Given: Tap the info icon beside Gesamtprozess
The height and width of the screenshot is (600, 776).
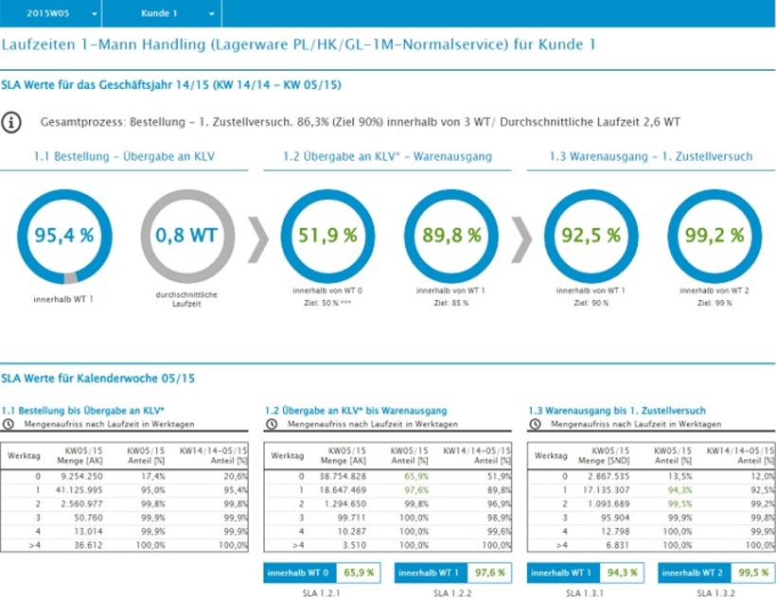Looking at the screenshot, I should click(x=11, y=122).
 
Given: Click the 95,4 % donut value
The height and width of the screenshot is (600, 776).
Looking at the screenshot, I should click(x=64, y=236).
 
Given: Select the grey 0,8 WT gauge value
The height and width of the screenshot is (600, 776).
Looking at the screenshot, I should click(x=187, y=236).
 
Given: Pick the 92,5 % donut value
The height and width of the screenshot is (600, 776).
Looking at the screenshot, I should click(x=591, y=236).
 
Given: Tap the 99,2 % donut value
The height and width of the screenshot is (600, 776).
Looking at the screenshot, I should click(x=714, y=236).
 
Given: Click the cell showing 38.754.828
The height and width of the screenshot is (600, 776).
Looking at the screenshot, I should click(x=347, y=476).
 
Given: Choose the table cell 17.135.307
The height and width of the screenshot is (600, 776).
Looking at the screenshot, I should click(x=610, y=490).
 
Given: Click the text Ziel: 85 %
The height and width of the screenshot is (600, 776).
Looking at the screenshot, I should click(x=450, y=303).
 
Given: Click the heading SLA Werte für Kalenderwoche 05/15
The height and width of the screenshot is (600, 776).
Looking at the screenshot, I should click(x=98, y=379).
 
